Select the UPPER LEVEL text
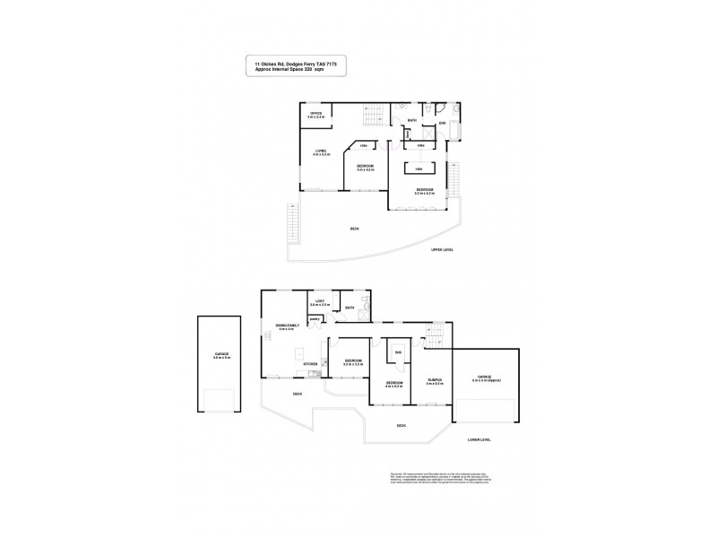tap(443, 249)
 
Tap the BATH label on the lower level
tap(350, 308)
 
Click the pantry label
tap(315, 318)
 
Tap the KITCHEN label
tap(310, 363)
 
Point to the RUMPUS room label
tap(436, 382)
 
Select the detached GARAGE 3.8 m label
tap(221, 356)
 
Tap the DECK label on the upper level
tap(355, 229)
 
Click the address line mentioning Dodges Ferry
tap(295, 64)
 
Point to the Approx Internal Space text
tap(290, 69)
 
